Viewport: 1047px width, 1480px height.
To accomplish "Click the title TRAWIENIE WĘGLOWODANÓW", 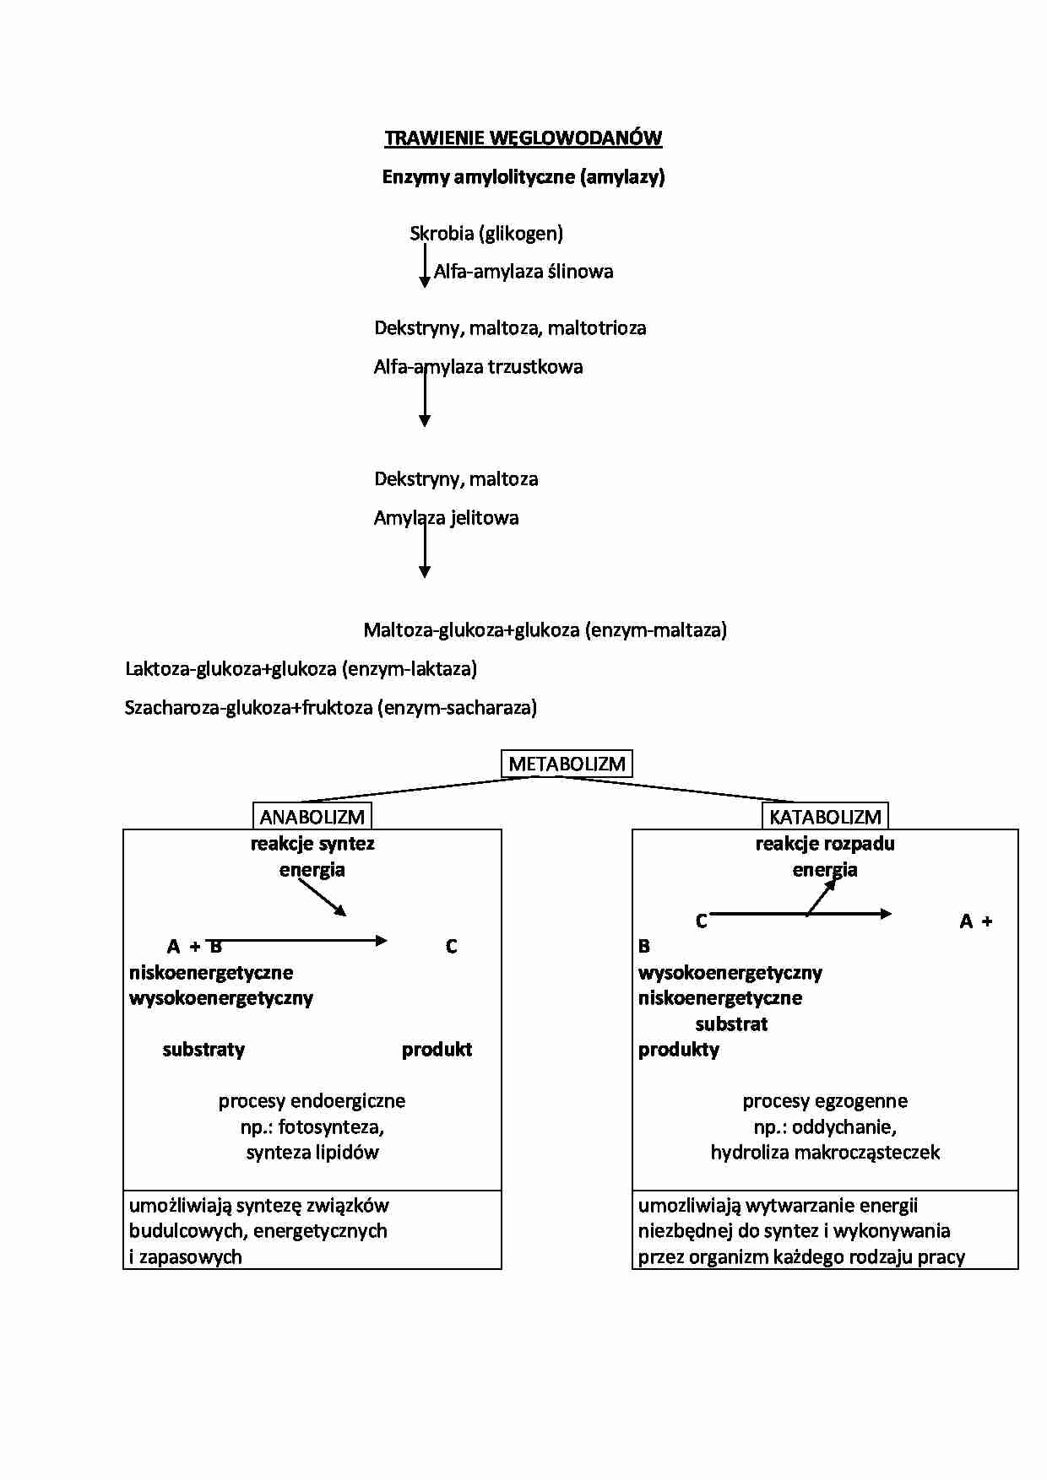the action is (523, 138).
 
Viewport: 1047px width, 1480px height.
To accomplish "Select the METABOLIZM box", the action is (567, 764).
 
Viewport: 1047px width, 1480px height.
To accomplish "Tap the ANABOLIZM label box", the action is (312, 816).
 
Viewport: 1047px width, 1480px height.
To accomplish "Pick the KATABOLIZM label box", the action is (825, 816).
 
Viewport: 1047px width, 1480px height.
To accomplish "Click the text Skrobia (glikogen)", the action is (486, 234).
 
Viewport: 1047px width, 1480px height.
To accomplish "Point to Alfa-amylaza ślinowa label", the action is (523, 272).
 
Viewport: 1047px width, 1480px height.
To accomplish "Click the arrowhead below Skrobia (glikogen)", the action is (425, 282).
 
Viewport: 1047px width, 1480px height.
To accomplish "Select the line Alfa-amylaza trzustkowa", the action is (478, 367).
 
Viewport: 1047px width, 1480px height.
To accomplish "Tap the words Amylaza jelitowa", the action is (446, 518).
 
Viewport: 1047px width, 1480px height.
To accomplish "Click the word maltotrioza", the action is (597, 328).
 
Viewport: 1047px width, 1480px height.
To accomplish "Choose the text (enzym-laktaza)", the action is (410, 669).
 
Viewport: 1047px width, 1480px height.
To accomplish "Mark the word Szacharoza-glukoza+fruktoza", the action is (248, 708).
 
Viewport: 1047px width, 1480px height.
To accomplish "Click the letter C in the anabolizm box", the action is (451, 947).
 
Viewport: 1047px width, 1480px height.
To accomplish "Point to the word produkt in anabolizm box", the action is (437, 1050).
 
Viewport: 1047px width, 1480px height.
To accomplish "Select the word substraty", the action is (203, 1050).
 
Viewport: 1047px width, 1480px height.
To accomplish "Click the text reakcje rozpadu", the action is (825, 844).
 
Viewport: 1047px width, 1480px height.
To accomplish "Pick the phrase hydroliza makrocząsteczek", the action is (825, 1153).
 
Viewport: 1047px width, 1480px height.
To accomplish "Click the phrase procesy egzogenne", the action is (825, 1101).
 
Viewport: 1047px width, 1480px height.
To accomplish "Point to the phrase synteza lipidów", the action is (312, 1153).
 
